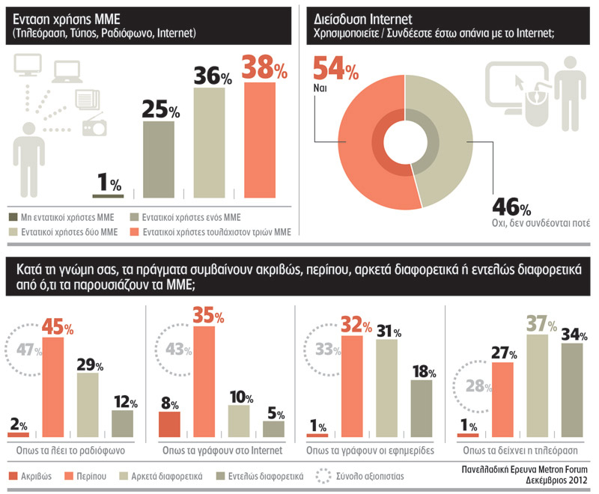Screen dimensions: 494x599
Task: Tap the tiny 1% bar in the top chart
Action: tap(108, 196)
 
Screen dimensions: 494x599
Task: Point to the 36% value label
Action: tap(213, 76)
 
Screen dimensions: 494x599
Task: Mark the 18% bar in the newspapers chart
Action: tap(422, 409)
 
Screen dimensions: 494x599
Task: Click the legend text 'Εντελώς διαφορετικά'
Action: tap(267, 475)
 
